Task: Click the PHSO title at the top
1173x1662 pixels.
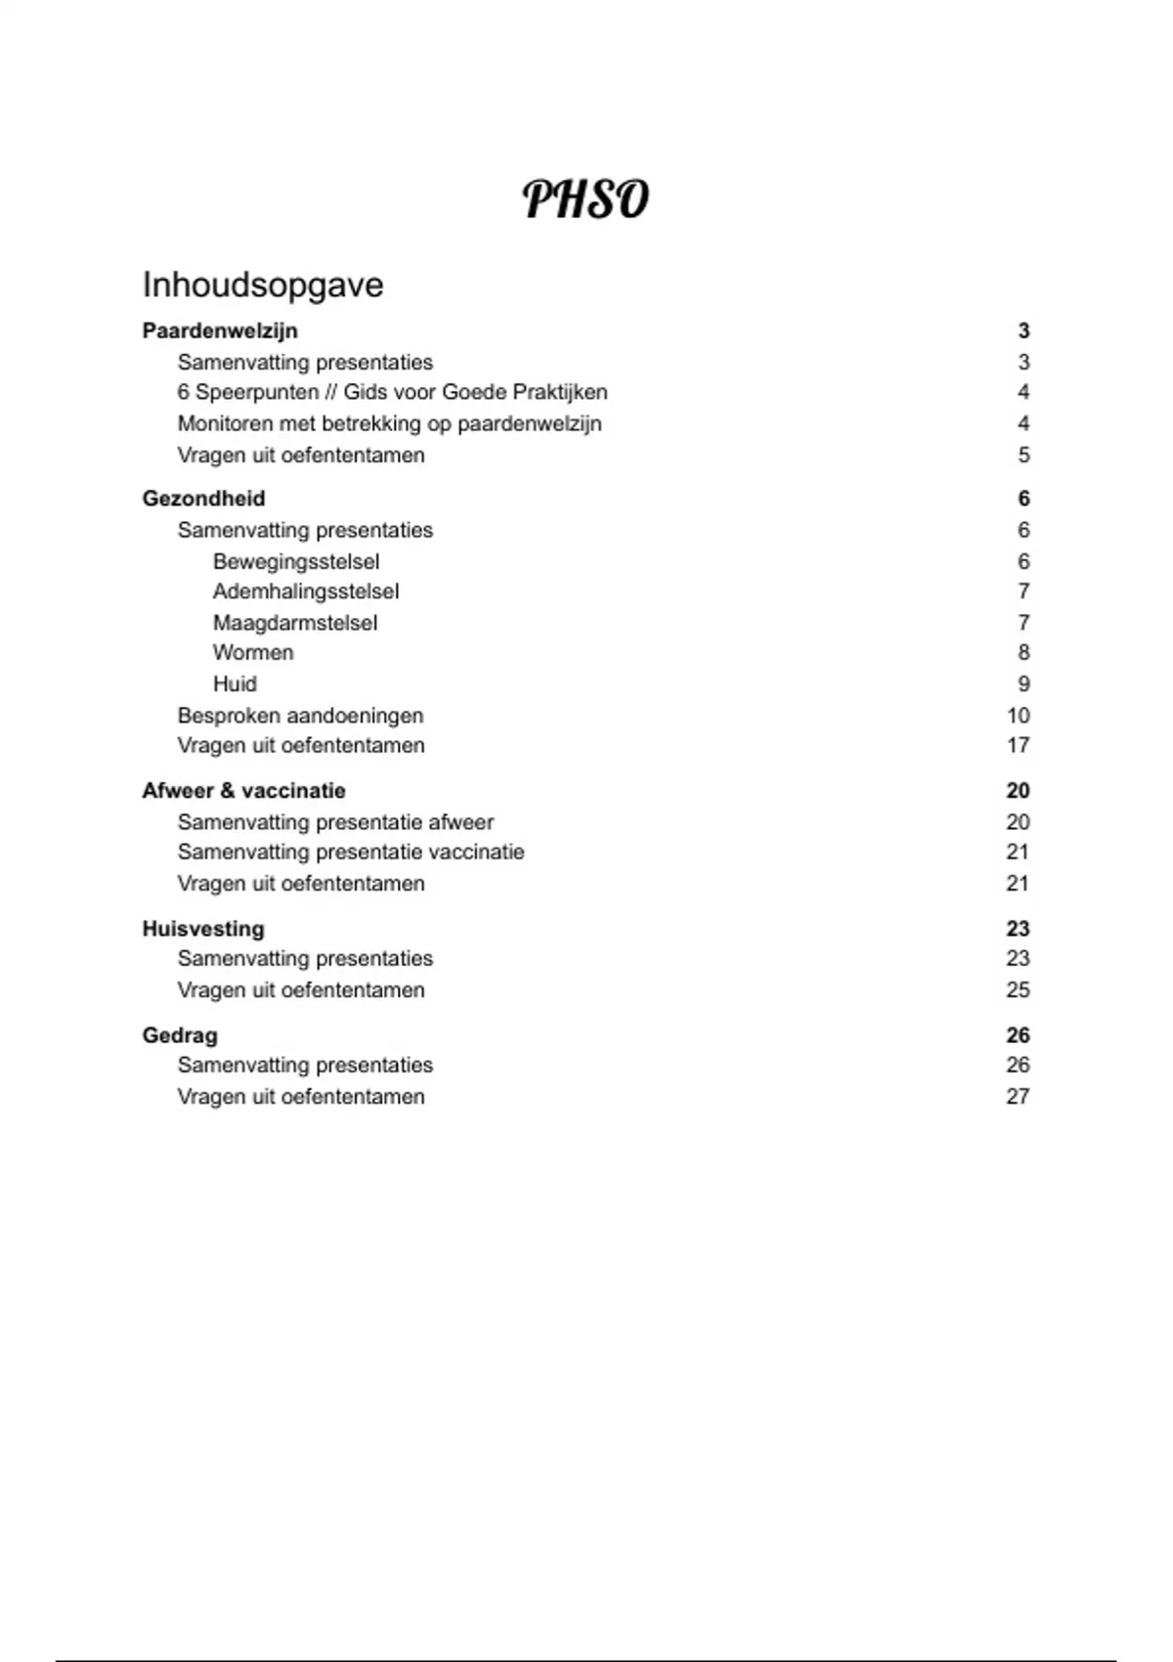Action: (x=586, y=199)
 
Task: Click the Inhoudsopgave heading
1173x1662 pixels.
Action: (x=263, y=285)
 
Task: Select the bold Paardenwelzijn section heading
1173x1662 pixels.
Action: (x=220, y=331)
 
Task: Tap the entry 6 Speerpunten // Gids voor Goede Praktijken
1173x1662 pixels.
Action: (x=392, y=392)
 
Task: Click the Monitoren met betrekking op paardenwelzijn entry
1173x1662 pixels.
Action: (x=389, y=423)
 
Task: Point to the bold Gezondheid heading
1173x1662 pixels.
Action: (x=203, y=499)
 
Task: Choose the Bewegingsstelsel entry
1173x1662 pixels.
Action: (x=296, y=561)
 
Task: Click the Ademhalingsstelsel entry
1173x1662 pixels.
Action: (x=306, y=591)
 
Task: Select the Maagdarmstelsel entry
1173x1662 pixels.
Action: (x=295, y=623)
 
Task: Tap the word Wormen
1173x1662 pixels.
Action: (x=253, y=653)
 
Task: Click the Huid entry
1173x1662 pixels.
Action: (x=235, y=684)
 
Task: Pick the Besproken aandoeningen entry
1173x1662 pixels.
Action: (x=300, y=716)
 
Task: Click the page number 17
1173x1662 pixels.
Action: (x=1018, y=746)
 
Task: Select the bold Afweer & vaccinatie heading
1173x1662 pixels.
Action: (x=243, y=791)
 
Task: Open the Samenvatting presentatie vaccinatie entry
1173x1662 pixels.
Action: (x=351, y=853)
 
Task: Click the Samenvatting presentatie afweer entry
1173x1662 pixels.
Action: (x=335, y=822)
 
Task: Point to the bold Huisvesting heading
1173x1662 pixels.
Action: (x=203, y=929)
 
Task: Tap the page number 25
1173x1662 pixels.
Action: (x=1018, y=990)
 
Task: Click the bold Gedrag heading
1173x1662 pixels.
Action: (x=180, y=1035)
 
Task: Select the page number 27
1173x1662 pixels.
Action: (x=1018, y=1097)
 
